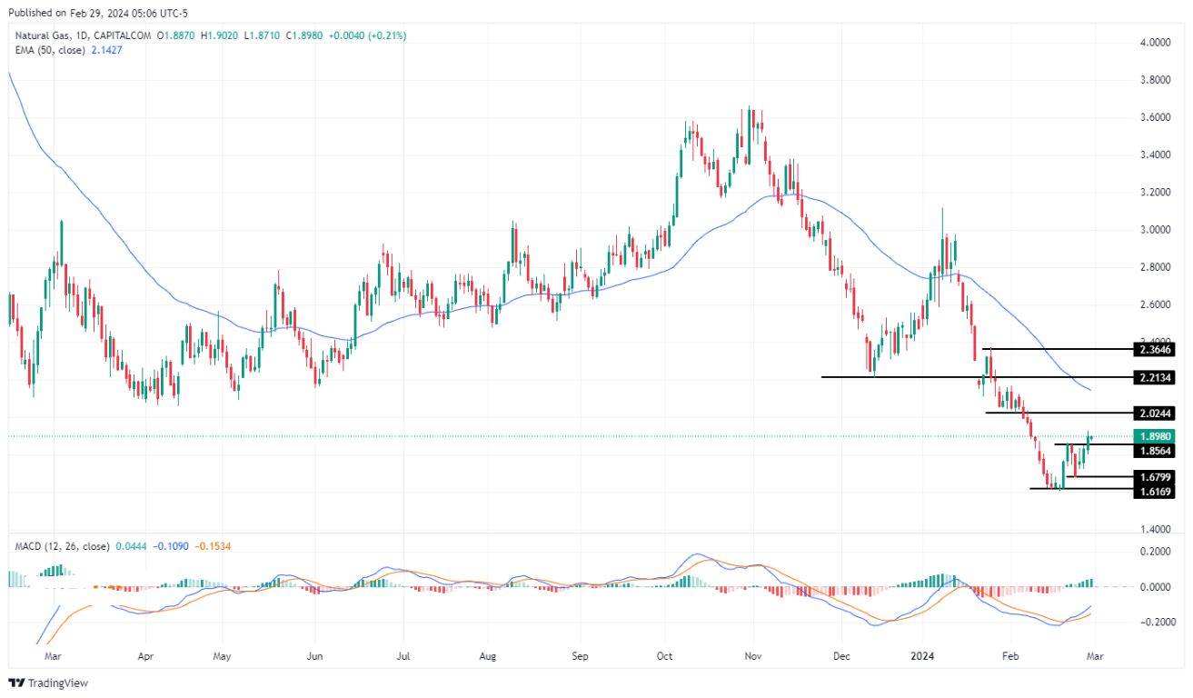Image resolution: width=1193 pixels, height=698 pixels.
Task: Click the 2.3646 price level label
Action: pos(1154,349)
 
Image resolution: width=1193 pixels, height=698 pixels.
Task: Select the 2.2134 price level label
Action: pos(1154,377)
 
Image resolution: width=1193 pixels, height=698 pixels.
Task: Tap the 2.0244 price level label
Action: pos(1154,413)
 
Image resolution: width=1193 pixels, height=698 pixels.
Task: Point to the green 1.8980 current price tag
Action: pos(1154,436)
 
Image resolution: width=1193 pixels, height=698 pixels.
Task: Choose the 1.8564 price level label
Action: pos(1154,451)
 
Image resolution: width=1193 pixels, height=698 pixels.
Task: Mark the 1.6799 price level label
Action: pos(1154,477)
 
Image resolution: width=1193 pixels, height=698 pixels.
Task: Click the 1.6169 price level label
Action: pos(1154,492)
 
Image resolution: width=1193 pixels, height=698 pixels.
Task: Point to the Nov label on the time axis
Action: pos(752,654)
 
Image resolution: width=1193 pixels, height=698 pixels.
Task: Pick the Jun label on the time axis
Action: pos(315,654)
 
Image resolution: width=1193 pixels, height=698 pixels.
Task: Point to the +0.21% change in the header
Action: pos(387,35)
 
